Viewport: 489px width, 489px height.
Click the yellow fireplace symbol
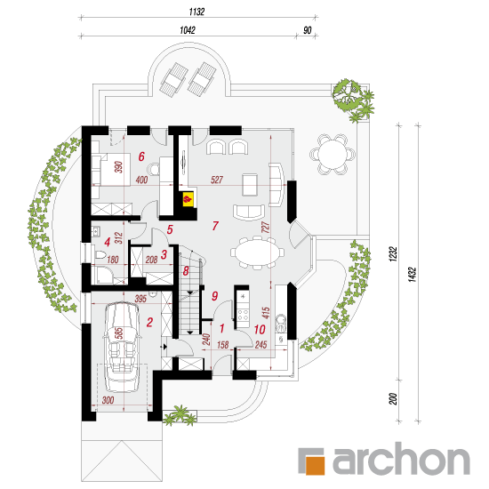pos(188,198)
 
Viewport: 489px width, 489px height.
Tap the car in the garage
pos(122,346)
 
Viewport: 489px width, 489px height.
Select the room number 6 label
pos(141,156)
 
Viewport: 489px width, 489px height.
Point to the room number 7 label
pos(215,226)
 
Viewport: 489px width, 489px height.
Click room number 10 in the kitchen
pos(260,329)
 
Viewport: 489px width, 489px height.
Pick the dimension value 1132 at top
pos(196,12)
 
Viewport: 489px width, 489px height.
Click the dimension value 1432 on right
pos(413,275)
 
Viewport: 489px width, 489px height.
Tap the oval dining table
pos(258,253)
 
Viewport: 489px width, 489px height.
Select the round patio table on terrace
pos(333,154)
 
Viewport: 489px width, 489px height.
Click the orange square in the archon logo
pos(315,466)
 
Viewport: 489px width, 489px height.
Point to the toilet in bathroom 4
pos(100,254)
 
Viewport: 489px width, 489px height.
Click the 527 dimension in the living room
pos(217,180)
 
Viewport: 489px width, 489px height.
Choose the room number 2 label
pos(149,322)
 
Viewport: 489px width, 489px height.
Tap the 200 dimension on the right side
pos(393,399)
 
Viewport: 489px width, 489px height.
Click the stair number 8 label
pos(186,270)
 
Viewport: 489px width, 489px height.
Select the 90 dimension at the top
pos(308,30)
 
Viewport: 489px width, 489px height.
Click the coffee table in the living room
pos(250,185)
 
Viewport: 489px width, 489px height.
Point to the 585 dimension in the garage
pos(119,333)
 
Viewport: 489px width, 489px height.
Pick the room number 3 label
pos(164,254)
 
